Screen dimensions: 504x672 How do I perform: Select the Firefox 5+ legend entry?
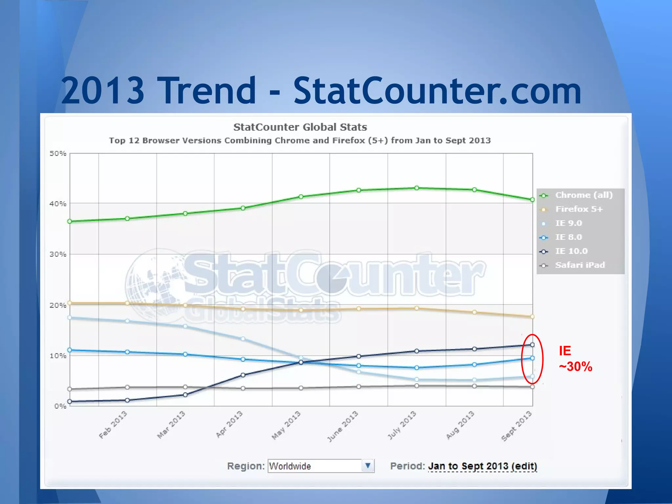click(x=579, y=209)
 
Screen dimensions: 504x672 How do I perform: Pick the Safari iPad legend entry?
click(x=579, y=265)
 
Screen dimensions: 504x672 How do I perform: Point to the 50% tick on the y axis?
click(x=58, y=154)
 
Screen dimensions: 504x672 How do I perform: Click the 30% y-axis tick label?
click(x=58, y=254)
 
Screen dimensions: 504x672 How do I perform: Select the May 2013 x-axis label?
click(x=286, y=425)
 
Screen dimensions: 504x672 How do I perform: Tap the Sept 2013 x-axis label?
click(x=516, y=426)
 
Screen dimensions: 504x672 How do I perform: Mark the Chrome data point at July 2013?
click(x=417, y=188)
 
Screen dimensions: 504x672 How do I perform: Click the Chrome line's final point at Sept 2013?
click(x=532, y=199)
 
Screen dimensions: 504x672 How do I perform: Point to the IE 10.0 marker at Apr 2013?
click(x=243, y=375)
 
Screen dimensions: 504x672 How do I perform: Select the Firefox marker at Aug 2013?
click(x=474, y=312)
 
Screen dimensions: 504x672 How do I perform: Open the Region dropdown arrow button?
click(x=368, y=466)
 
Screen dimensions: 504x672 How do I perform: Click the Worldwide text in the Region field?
click(x=290, y=466)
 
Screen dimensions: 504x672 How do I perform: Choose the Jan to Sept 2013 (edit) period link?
click(x=483, y=466)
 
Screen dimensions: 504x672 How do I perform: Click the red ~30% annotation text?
click(x=576, y=367)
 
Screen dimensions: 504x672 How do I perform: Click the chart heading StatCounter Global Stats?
click(x=300, y=127)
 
